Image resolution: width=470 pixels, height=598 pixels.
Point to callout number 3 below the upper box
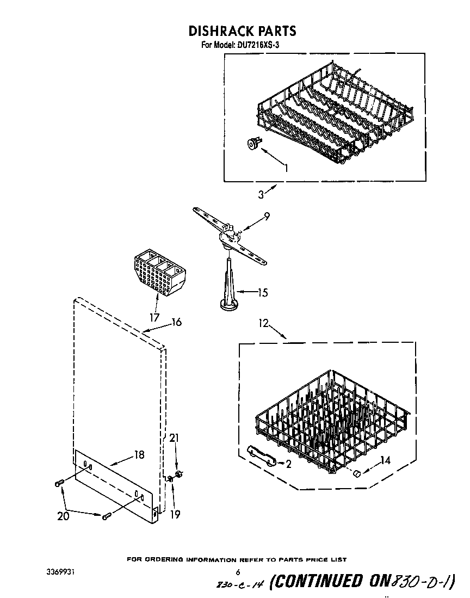tap(261, 193)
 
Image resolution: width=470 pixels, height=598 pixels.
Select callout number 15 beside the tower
tap(262, 293)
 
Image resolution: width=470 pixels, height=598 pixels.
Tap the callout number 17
tap(154, 317)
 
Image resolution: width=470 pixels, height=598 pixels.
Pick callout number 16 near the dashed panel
tap(176, 322)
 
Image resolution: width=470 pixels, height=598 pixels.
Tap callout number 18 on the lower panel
tap(139, 454)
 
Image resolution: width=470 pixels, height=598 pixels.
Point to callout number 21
tap(174, 438)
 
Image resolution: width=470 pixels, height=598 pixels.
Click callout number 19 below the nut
tap(175, 514)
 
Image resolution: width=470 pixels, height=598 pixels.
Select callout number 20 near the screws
tap(64, 516)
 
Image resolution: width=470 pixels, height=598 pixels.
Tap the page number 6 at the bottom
tap(238, 572)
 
